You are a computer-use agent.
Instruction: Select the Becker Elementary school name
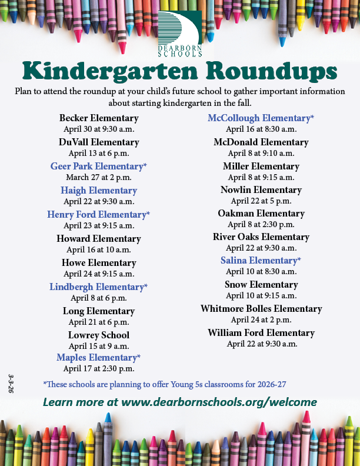pyautogui.click(x=99, y=118)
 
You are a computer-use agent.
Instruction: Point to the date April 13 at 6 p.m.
pyautogui.click(x=99, y=153)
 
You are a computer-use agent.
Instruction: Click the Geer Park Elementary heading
pyautogui.click(x=99, y=167)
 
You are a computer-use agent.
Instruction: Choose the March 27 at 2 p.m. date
pyautogui.click(x=99, y=177)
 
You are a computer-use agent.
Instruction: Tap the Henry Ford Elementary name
pyautogui.click(x=99, y=215)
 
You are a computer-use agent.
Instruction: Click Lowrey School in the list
pyautogui.click(x=99, y=335)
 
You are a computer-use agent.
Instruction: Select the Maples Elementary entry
pyautogui.click(x=99, y=358)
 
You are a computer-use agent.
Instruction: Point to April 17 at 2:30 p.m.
pyautogui.click(x=99, y=369)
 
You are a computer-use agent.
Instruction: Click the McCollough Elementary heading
pyautogui.click(x=261, y=118)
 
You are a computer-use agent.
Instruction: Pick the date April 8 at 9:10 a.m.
pyautogui.click(x=261, y=153)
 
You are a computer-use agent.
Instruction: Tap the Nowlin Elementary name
pyautogui.click(x=261, y=190)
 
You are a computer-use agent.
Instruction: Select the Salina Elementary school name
pyautogui.click(x=261, y=260)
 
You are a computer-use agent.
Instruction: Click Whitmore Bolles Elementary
pyautogui.click(x=261, y=309)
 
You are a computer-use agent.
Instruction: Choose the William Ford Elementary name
pyautogui.click(x=261, y=333)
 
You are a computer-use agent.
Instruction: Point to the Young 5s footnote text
pyautogui.click(x=165, y=384)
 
